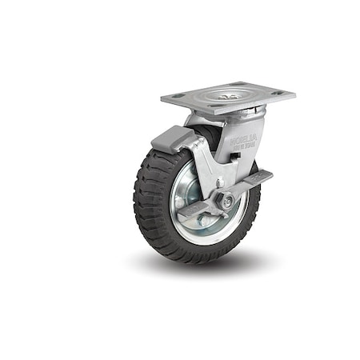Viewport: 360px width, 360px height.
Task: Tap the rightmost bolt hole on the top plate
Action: pos(278,93)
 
